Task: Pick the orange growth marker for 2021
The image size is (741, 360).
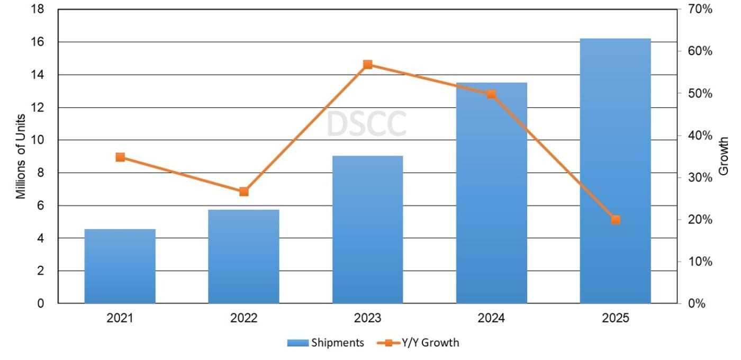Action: click(x=120, y=157)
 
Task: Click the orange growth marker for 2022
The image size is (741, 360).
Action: click(x=243, y=192)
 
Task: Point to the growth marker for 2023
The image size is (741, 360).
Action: click(x=368, y=65)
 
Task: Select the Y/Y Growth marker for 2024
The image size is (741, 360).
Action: click(x=491, y=94)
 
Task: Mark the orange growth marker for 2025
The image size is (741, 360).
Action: click(x=615, y=220)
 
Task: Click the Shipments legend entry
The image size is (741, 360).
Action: click(x=326, y=343)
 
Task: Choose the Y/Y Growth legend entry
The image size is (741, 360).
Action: click(x=418, y=343)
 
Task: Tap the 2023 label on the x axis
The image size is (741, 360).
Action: click(x=368, y=319)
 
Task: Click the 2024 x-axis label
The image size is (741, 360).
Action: click(x=491, y=319)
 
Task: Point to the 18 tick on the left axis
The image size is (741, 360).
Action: click(x=38, y=10)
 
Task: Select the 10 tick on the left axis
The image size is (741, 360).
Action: click(x=38, y=140)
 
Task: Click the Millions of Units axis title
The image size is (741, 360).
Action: click(x=21, y=156)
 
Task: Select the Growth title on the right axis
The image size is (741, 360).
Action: click(x=724, y=156)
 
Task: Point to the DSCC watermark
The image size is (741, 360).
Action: click(x=366, y=124)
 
